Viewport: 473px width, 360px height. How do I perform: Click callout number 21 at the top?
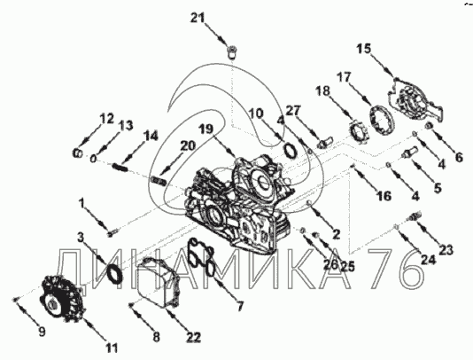coord(198,18)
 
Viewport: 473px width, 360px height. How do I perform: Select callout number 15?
coord(364,49)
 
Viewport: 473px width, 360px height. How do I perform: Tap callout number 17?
coord(344,78)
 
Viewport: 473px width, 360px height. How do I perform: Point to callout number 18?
coord(323,91)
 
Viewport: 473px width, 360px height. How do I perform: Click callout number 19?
coord(206,129)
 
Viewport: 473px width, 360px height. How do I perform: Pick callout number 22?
coord(193,337)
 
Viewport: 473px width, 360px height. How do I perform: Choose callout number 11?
coord(112,348)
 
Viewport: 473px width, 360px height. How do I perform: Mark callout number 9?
coord(42,333)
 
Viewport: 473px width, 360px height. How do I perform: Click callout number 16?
coord(384,196)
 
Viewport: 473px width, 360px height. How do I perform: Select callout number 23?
coord(446,250)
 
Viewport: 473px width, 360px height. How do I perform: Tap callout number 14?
coord(151,137)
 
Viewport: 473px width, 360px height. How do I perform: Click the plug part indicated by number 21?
coord(232,51)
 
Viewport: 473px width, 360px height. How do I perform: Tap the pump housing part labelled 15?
coord(415,103)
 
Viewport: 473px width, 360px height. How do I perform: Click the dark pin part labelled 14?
coord(120,167)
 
